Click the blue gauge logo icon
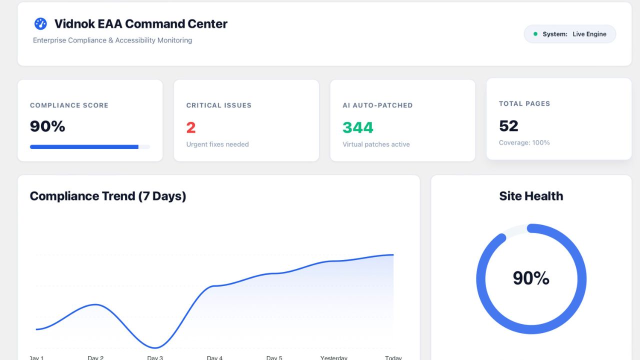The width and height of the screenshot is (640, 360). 40,23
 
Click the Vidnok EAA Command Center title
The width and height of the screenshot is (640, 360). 140,24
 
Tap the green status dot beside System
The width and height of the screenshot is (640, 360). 535,34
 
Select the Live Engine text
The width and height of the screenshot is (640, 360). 589,34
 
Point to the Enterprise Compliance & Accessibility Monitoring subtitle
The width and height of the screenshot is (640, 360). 112,40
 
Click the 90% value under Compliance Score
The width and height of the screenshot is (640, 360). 47,126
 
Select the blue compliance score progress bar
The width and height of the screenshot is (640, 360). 84,147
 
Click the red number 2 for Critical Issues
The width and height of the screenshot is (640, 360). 191,128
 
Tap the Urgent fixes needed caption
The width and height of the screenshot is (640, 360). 217,144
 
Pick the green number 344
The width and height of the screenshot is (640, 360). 358,128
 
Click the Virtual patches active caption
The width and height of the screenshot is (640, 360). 376,144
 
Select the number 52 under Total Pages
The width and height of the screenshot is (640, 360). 508,126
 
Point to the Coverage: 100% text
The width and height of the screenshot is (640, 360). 524,143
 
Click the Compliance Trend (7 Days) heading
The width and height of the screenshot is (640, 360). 108,196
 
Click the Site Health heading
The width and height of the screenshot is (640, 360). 531,196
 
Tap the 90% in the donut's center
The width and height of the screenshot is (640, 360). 531,278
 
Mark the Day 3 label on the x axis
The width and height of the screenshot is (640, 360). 155,357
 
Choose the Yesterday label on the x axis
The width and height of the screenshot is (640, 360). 334,357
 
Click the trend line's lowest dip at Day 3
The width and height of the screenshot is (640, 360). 155,348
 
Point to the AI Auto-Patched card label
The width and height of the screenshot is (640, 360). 377,105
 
